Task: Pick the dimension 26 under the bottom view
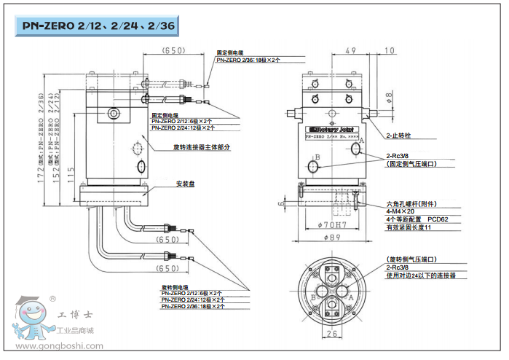[332, 334]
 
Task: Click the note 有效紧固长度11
[410, 228]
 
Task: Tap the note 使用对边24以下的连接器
[424, 277]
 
